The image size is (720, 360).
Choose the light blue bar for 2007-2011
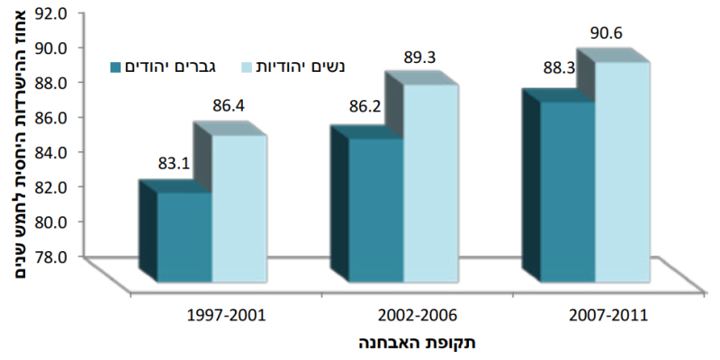[x=622, y=172]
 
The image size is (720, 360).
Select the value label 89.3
[x=419, y=58]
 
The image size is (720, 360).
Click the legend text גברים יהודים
[x=172, y=67]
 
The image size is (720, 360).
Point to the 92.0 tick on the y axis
[x=52, y=13]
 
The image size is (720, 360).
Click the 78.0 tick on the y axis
[x=52, y=256]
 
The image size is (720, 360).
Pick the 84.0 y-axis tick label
[x=52, y=151]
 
